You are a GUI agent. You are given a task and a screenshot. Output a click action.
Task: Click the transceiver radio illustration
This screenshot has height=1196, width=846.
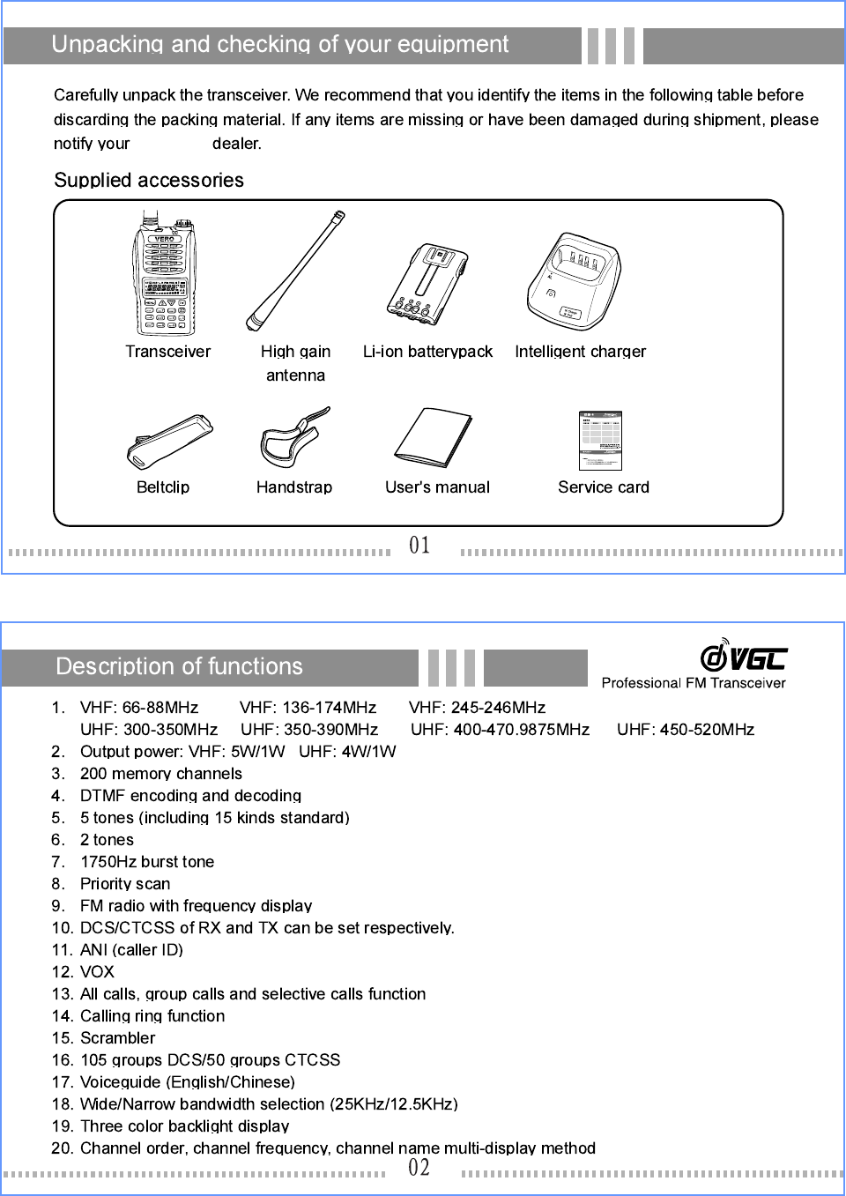[x=165, y=275]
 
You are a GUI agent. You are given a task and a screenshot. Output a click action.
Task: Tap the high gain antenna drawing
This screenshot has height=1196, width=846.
[x=295, y=269]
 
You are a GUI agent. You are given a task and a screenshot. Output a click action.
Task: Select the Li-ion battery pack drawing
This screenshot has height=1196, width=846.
[x=427, y=284]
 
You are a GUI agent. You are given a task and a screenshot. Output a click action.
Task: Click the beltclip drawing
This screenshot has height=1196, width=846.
[x=170, y=442]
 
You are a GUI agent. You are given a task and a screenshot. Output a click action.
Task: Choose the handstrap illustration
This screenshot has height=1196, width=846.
[x=293, y=438]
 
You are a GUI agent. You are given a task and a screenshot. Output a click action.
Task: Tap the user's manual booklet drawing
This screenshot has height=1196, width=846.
[x=434, y=437]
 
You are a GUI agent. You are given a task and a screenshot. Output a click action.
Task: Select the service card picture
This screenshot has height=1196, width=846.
[x=600, y=440]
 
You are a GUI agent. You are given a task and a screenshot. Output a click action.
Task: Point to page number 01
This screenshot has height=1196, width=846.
[x=419, y=546]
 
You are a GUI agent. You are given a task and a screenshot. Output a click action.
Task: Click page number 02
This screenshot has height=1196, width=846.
[x=419, y=1168]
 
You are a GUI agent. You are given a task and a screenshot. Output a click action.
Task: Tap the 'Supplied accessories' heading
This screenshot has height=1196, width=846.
[x=149, y=181]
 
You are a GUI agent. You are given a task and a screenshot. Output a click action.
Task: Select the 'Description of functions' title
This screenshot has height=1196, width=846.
[x=179, y=666]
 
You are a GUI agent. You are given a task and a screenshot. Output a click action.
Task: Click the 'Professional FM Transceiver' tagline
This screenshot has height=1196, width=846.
[x=694, y=683]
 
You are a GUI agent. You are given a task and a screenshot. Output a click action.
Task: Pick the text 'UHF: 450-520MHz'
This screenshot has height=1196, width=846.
[x=686, y=730]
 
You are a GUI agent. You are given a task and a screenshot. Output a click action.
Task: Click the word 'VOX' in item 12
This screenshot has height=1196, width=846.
[x=97, y=972]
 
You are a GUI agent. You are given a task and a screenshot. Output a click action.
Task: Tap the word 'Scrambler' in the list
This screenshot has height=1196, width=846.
[x=117, y=1038]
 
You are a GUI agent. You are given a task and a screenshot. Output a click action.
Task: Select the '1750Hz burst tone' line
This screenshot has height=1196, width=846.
[x=147, y=862]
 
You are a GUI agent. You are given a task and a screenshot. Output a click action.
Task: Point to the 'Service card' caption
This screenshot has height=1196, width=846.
[x=604, y=487]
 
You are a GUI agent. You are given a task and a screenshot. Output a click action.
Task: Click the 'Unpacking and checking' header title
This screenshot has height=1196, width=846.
[x=280, y=45]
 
